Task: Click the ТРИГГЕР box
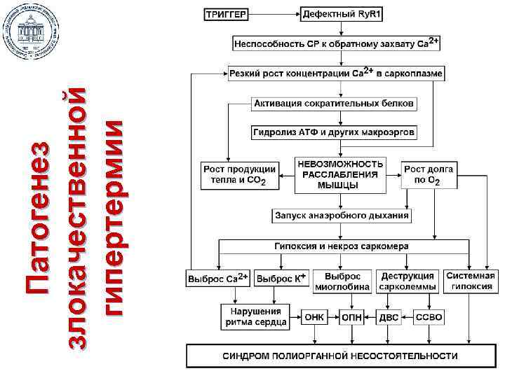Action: click(x=225, y=14)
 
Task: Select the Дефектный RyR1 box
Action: click(x=342, y=14)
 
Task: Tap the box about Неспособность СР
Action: click(x=336, y=43)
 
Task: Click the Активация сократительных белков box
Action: click(x=334, y=104)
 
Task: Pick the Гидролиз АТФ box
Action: click(x=334, y=132)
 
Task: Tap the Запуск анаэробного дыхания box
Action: click(x=342, y=216)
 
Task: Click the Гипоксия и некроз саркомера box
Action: click(x=342, y=246)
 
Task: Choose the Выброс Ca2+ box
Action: click(x=218, y=278)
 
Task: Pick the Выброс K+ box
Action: click(x=281, y=278)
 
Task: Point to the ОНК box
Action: click(x=315, y=317)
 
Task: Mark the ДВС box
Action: click(x=389, y=317)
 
